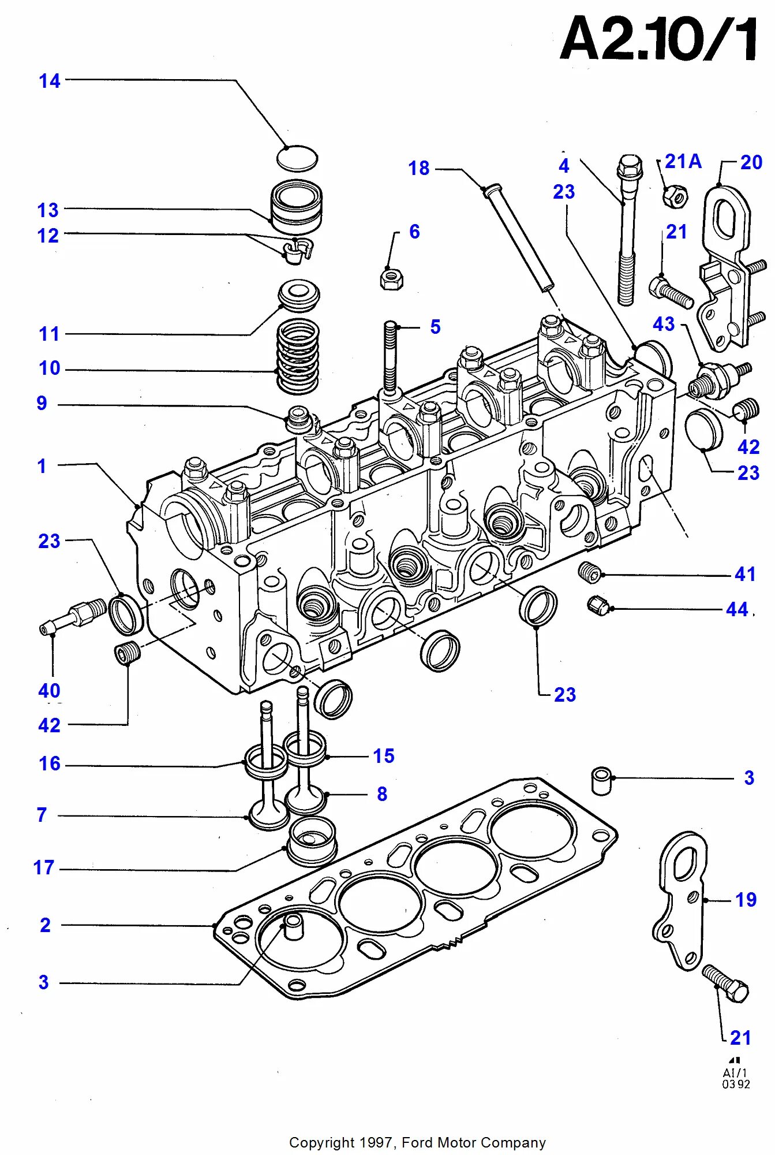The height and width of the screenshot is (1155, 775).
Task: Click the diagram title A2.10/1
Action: (658, 39)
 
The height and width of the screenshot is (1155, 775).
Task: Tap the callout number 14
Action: (50, 81)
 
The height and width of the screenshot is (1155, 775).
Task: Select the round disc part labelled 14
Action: (297, 158)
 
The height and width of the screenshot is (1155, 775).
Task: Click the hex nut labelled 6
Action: (391, 279)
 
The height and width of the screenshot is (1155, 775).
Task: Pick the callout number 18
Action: (419, 168)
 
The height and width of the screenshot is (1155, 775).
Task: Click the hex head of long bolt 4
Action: (630, 166)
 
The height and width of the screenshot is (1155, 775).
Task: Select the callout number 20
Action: (751, 162)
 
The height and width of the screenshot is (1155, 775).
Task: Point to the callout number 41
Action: (745, 574)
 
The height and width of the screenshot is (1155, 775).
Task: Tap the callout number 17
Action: (44, 867)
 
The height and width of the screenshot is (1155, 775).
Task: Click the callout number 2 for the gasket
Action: (45, 925)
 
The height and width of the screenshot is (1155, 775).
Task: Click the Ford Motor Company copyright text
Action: (417, 1142)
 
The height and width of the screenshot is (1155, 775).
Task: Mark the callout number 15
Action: (383, 755)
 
